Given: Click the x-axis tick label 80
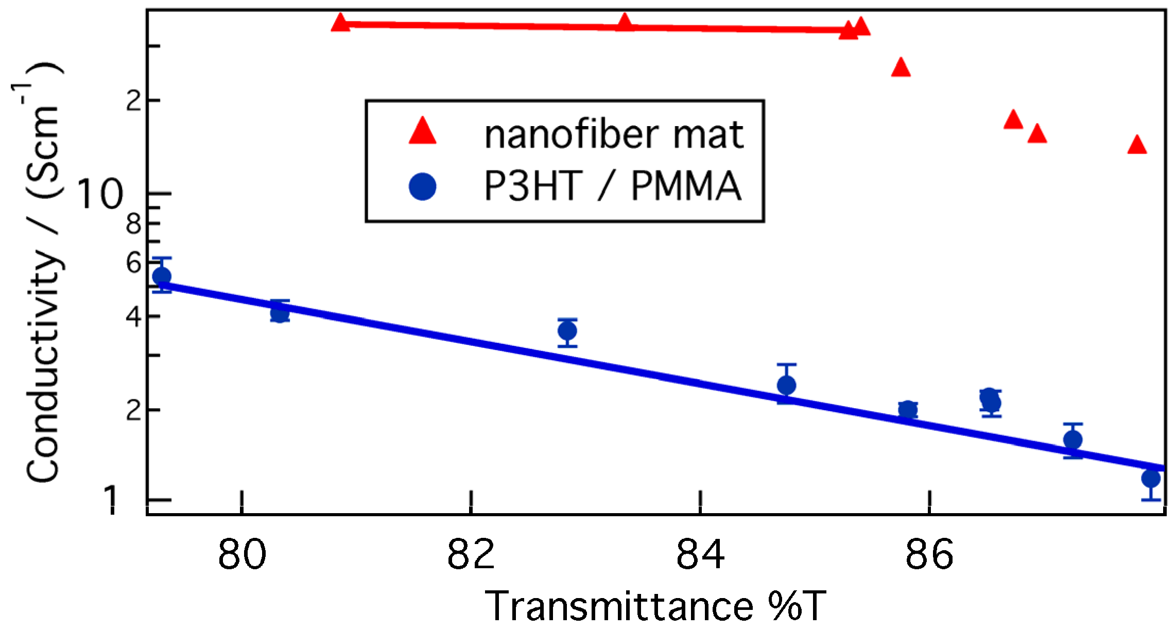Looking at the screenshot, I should (x=242, y=555).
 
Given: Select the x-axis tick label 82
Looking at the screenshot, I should (x=471, y=555).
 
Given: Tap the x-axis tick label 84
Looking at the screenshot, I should (x=700, y=555).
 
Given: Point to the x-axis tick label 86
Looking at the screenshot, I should (x=929, y=555).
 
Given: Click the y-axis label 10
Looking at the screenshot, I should (x=100, y=195).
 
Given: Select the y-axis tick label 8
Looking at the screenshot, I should (x=134, y=223).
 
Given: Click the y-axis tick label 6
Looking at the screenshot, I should (x=134, y=263).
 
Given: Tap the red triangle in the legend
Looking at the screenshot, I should (x=422, y=131).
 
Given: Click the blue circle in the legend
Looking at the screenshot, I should (x=422, y=186).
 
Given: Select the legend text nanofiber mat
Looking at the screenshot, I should (x=614, y=135).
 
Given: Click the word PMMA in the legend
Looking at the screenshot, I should (x=686, y=186).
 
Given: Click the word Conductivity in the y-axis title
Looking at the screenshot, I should (x=44, y=365).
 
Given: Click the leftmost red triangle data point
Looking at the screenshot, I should (x=340, y=23).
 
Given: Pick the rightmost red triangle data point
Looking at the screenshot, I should (x=1137, y=146).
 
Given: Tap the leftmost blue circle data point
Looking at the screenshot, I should (x=162, y=276).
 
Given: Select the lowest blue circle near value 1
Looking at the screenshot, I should (x=1151, y=478).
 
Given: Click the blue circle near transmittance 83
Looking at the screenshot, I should (x=567, y=330).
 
